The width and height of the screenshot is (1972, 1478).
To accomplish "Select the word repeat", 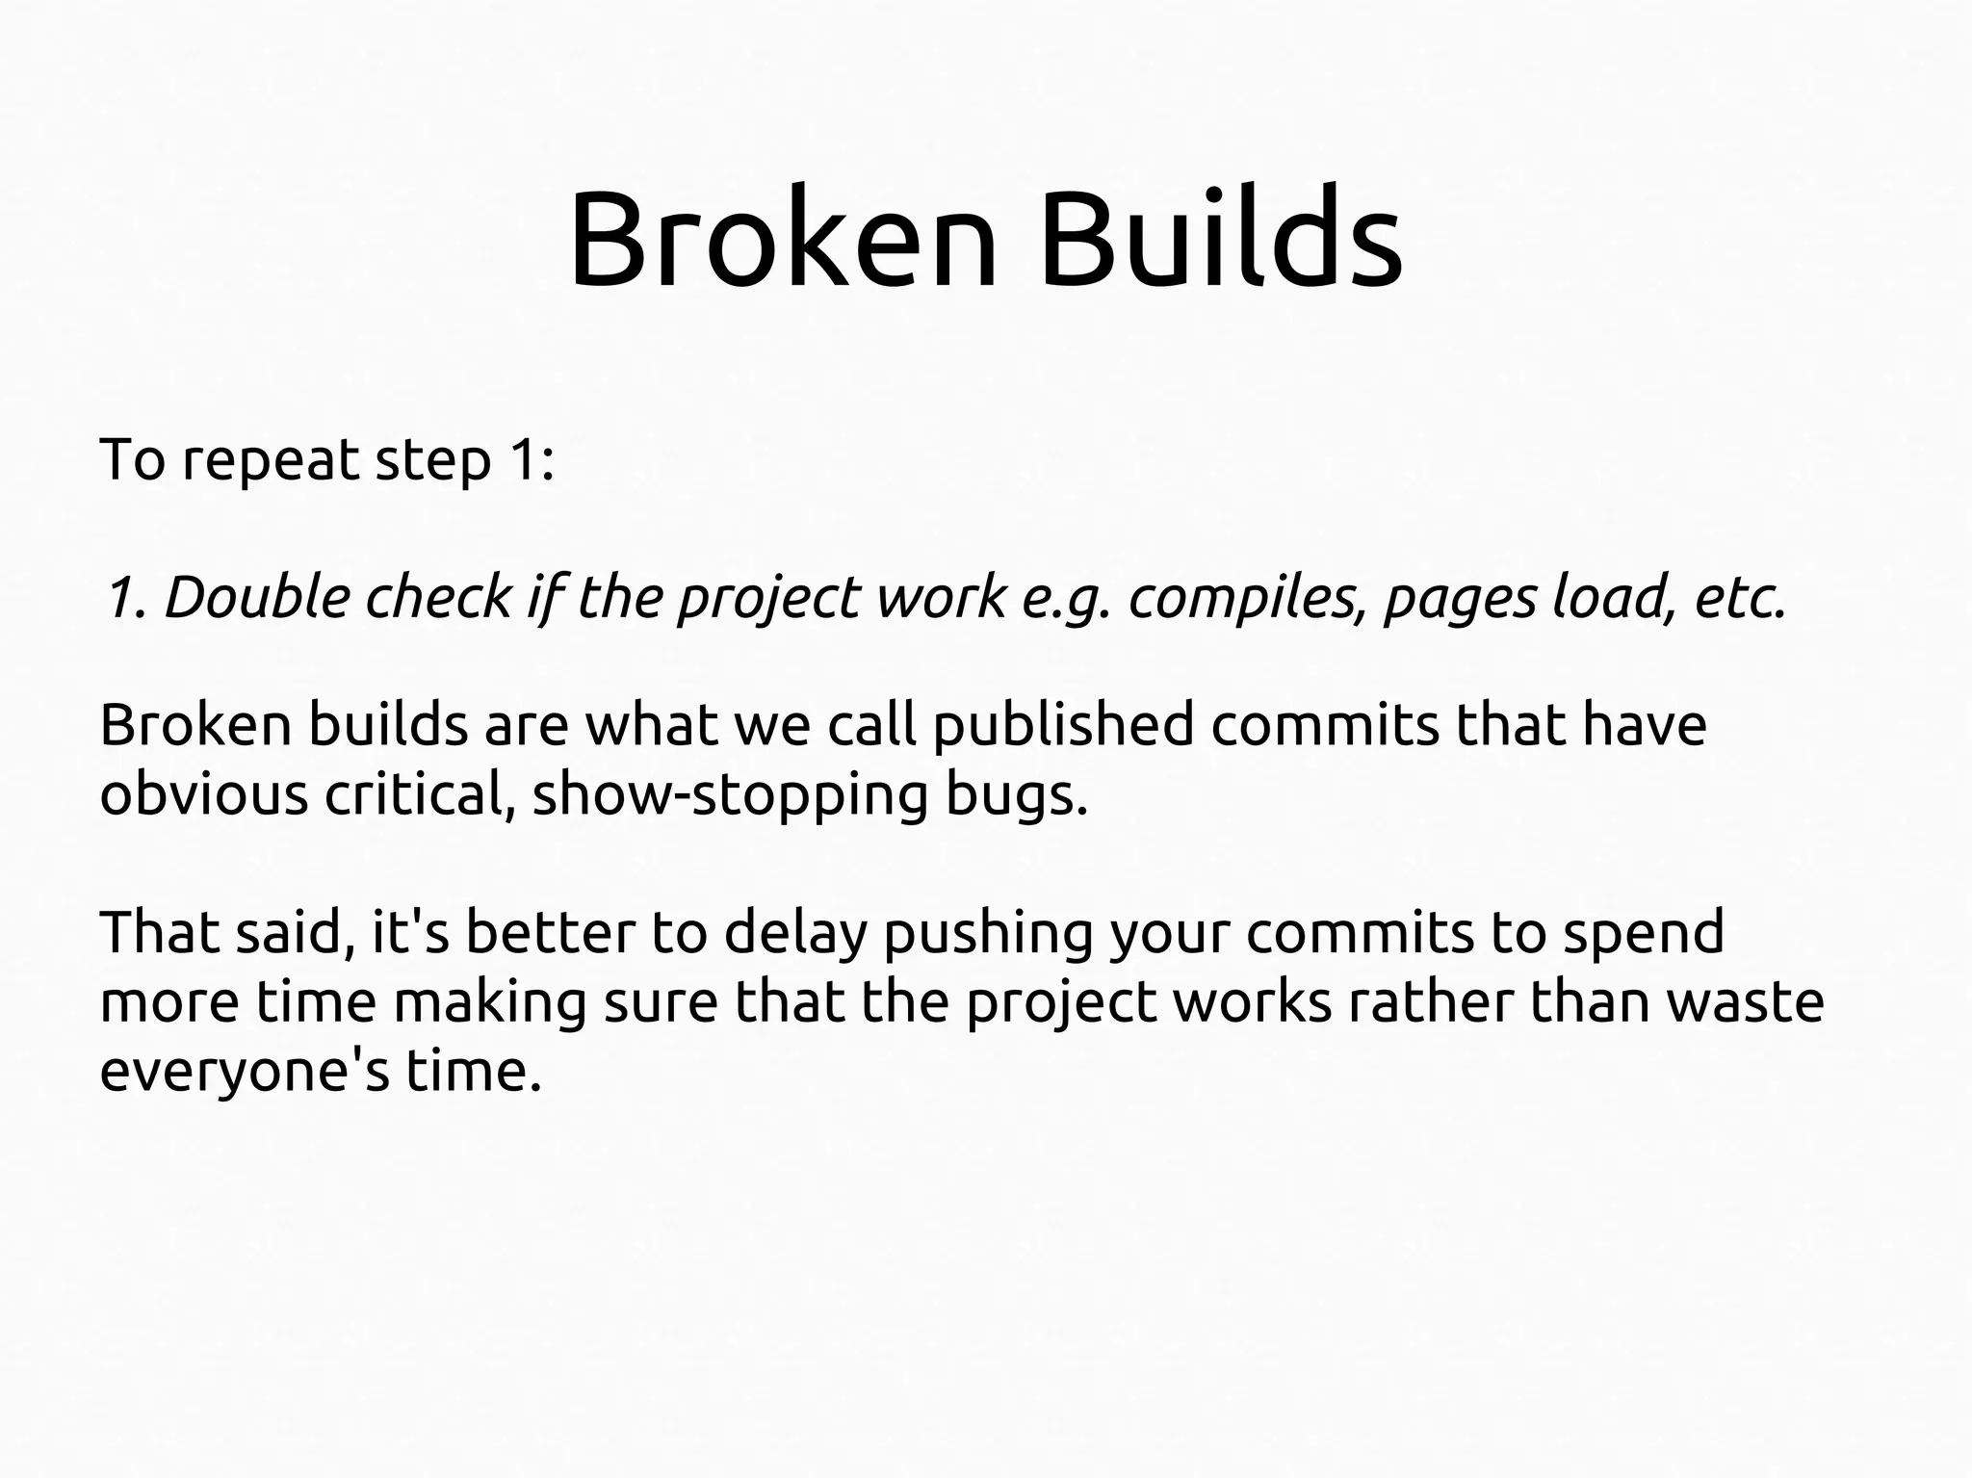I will (271, 460).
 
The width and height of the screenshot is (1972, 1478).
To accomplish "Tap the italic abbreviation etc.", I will (1739, 597).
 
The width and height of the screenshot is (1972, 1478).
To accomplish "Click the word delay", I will (794, 933).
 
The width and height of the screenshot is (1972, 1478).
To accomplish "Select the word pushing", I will (988, 933).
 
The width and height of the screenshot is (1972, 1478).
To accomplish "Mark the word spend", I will (1643, 933).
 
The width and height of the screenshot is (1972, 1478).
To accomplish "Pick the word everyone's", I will (245, 1072).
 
